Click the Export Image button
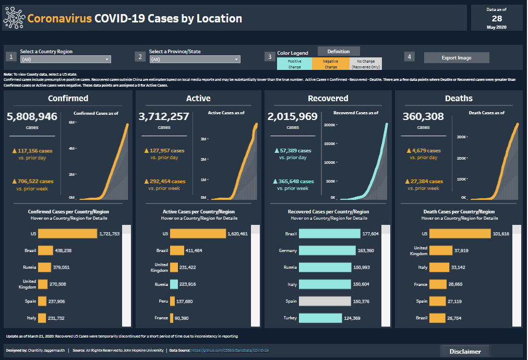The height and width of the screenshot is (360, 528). (457, 58)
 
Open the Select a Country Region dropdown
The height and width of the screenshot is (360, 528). (65, 59)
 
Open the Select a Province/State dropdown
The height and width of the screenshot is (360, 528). (195, 59)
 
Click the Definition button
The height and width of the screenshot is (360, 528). (339, 51)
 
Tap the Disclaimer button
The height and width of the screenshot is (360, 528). (465, 351)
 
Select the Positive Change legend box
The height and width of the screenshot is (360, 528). (294, 64)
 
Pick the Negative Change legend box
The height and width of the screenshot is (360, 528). (331, 64)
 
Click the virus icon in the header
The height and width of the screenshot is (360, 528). (14, 18)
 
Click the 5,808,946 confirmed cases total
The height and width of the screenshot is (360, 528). (32, 116)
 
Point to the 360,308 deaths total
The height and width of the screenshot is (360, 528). (423, 116)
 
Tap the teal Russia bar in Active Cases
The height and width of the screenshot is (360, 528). (177, 284)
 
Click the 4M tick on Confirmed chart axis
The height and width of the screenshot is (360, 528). (72, 148)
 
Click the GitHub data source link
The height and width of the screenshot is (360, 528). (230, 351)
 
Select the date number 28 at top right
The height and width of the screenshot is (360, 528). (496, 18)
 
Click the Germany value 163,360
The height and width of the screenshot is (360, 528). (375, 250)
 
